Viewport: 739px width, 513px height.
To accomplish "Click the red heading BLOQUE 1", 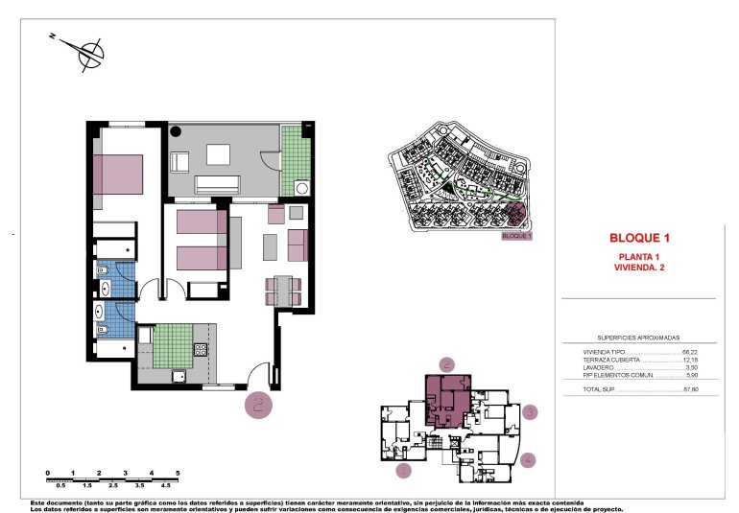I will [x=637, y=237].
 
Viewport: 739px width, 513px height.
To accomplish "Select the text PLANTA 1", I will [x=638, y=257].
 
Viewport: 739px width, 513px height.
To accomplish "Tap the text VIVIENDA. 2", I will [x=638, y=268].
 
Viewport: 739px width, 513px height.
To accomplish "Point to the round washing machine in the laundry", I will [x=302, y=189].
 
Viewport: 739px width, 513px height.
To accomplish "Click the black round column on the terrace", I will [x=177, y=132].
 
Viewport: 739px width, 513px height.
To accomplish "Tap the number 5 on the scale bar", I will [x=178, y=474].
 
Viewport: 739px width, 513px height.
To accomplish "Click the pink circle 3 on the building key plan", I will [x=531, y=412].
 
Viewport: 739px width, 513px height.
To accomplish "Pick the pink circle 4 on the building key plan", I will [x=528, y=459].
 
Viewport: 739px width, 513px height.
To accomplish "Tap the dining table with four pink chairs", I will [x=284, y=288].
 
